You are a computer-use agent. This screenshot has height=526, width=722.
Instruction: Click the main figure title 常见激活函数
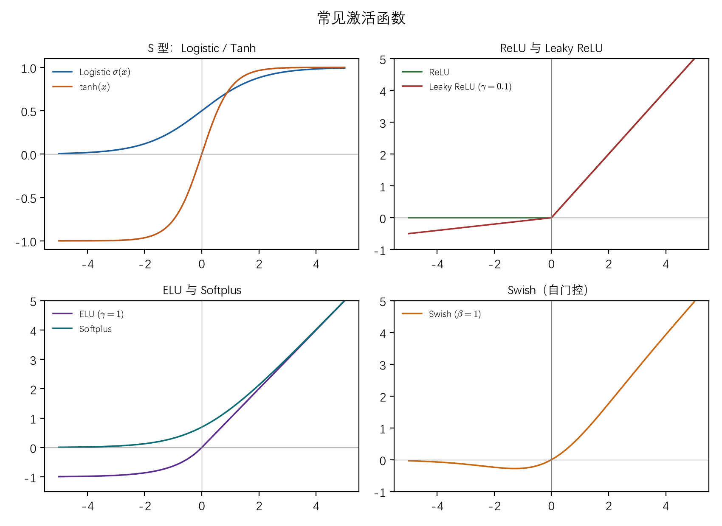(361, 18)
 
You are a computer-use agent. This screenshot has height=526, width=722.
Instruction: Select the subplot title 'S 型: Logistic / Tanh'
(202, 48)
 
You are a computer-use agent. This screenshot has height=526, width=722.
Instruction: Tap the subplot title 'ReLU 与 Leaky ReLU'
(551, 48)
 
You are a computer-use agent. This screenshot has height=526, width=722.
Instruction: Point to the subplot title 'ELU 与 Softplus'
(202, 291)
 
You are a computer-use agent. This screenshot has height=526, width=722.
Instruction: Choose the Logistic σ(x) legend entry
(91, 72)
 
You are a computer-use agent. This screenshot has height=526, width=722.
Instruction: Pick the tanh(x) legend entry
(81, 87)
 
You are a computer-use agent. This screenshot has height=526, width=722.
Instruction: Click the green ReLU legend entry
(426, 72)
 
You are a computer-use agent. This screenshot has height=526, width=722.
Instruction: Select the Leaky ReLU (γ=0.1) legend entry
(457, 87)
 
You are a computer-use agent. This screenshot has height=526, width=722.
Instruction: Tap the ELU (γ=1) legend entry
(88, 314)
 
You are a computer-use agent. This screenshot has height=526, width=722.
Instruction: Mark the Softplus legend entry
(82, 329)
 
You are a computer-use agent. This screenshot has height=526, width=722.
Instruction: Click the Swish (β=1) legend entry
(441, 314)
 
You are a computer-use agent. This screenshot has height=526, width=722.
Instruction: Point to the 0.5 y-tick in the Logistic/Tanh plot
(29, 112)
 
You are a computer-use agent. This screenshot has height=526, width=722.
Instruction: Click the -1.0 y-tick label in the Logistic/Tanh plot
(26, 242)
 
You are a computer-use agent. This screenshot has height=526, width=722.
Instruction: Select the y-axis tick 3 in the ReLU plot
(383, 123)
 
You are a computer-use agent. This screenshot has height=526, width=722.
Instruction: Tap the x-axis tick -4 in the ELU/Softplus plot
(87, 506)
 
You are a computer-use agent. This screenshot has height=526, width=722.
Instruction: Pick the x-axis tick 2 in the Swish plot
(609, 506)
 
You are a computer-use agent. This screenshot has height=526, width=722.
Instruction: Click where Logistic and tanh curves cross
(227, 93)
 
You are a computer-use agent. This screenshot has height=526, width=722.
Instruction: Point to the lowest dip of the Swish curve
(514, 468)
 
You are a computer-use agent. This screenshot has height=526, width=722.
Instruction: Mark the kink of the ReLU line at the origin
(552, 218)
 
